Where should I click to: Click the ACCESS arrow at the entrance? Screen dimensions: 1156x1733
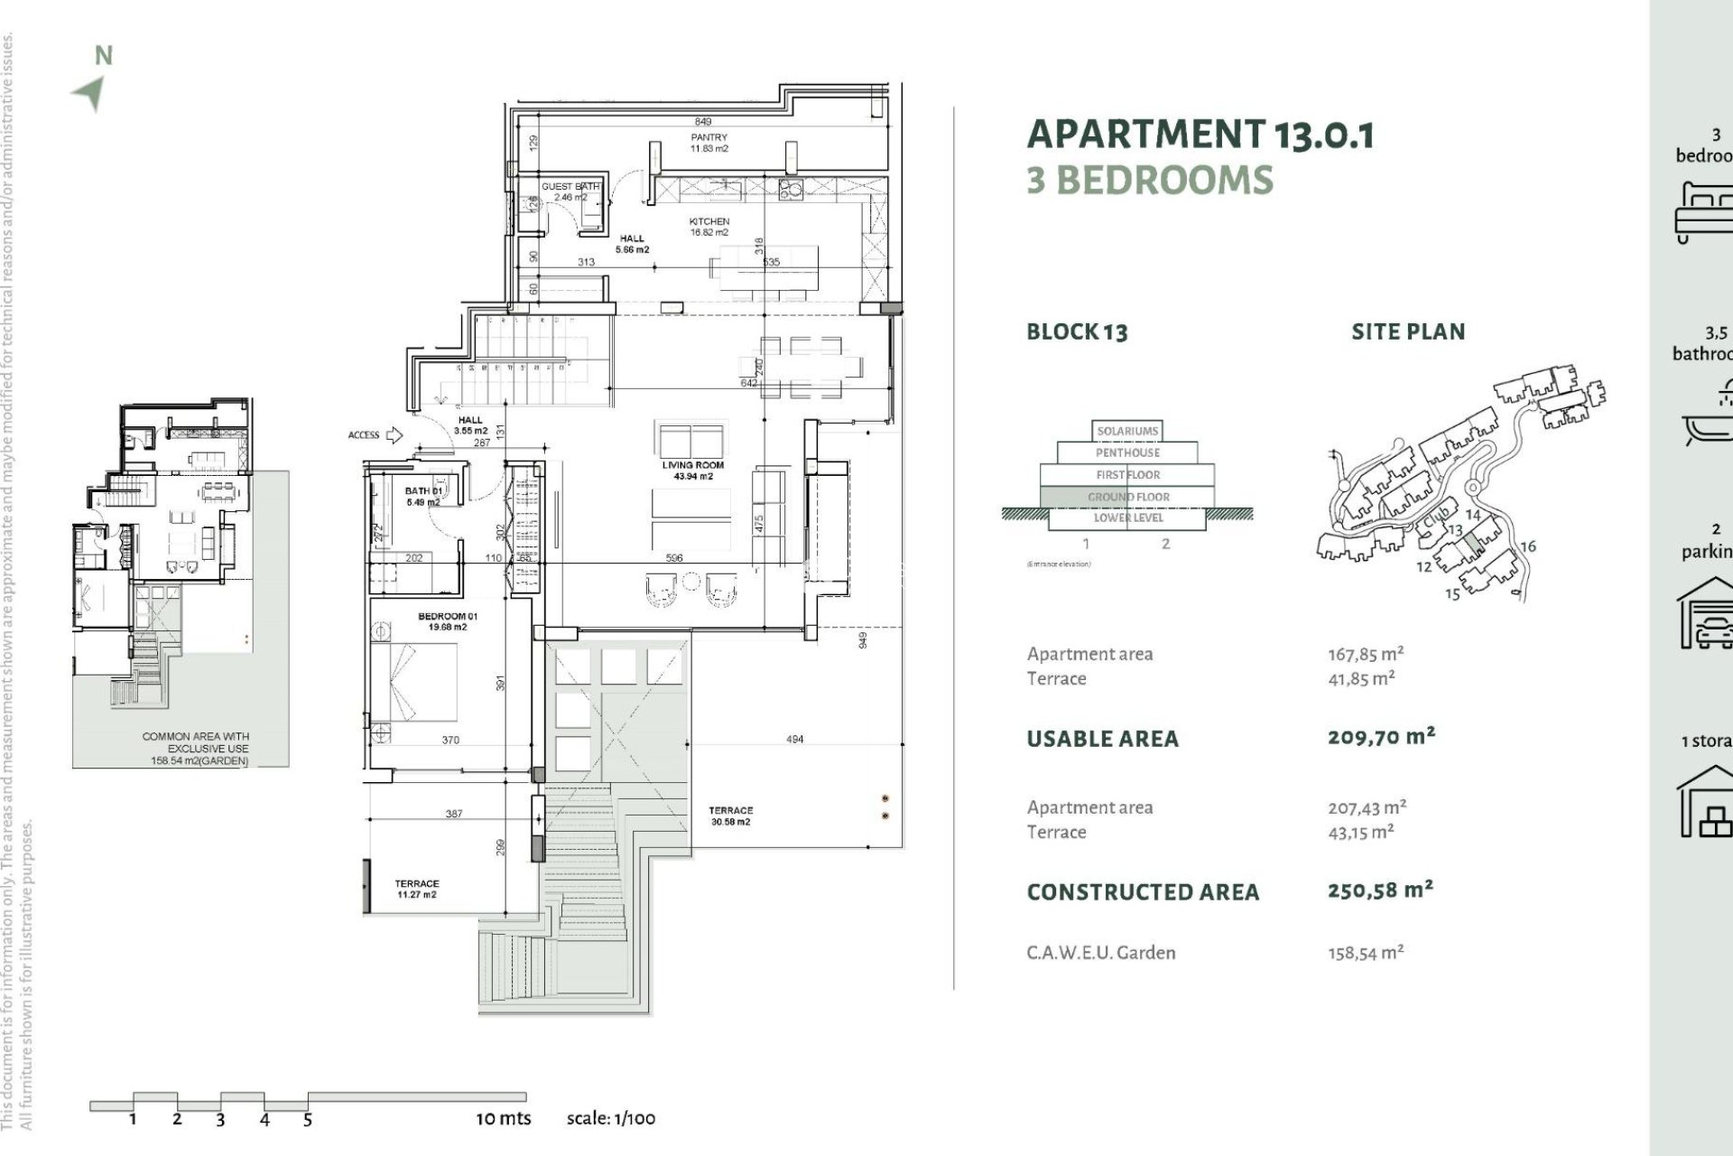(394, 435)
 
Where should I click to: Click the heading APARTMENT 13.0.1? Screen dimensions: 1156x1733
(1200, 135)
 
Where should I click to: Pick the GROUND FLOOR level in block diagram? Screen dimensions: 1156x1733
(1127, 497)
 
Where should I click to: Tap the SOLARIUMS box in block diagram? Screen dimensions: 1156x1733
(1126, 431)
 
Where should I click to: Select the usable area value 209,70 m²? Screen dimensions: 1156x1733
(1380, 737)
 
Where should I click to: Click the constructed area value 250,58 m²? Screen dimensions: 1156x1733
(1379, 890)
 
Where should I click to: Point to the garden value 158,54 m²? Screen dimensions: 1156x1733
(1365, 952)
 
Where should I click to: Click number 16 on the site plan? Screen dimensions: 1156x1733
(1527, 546)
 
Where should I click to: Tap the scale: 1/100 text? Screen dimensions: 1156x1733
(610, 1118)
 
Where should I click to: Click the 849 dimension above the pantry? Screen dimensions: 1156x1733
(702, 121)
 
